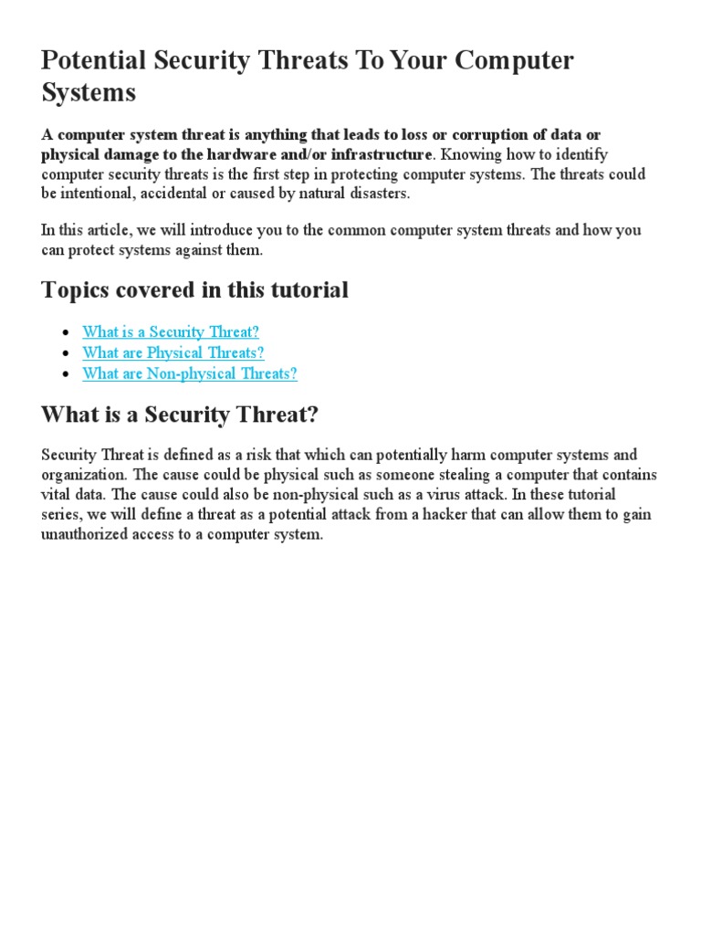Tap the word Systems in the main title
click(x=89, y=92)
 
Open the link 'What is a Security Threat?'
click(x=171, y=332)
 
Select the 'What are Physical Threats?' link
click(x=173, y=352)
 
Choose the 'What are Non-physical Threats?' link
click(x=190, y=373)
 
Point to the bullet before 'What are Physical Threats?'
click(x=64, y=353)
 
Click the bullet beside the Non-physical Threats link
click(x=64, y=373)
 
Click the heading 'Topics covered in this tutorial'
click(x=194, y=290)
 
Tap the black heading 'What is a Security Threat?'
click(x=180, y=415)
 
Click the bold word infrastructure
click(x=382, y=153)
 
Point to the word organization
click(x=84, y=475)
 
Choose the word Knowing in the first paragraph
click(x=466, y=153)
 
